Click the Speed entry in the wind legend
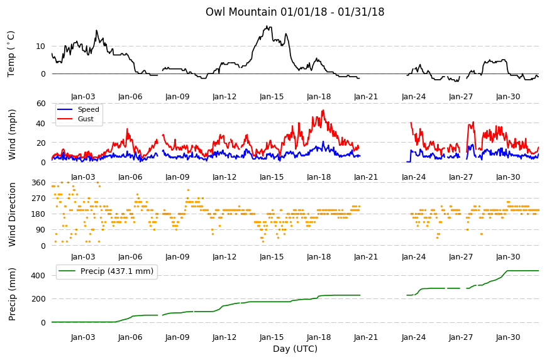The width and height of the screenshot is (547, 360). coord(88,109)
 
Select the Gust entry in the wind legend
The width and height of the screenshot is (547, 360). coord(86,119)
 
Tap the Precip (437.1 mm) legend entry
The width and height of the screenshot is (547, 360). coord(117,271)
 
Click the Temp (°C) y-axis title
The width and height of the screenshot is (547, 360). coord(11,54)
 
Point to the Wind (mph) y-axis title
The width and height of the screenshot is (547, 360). coord(12,134)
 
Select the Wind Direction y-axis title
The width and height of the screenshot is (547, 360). coord(12,214)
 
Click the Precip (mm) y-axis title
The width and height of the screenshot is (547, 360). coord(12,294)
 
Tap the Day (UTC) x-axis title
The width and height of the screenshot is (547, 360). coord(295,349)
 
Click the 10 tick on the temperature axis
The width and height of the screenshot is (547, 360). coord(40,46)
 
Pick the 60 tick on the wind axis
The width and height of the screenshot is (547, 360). coord(40,104)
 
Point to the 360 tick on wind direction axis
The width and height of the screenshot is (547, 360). coord(38,183)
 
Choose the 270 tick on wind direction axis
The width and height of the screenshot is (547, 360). coord(38,199)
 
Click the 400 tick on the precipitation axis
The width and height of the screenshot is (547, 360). coord(38,276)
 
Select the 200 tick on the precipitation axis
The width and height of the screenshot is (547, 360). coord(38,299)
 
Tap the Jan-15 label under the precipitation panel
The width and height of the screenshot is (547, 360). coord(272,337)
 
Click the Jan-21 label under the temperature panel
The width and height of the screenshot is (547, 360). coord(365,97)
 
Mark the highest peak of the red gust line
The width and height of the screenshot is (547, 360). coord(323,111)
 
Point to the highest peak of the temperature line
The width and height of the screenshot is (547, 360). coord(267,26)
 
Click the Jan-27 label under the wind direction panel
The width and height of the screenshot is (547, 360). coord(460,257)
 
